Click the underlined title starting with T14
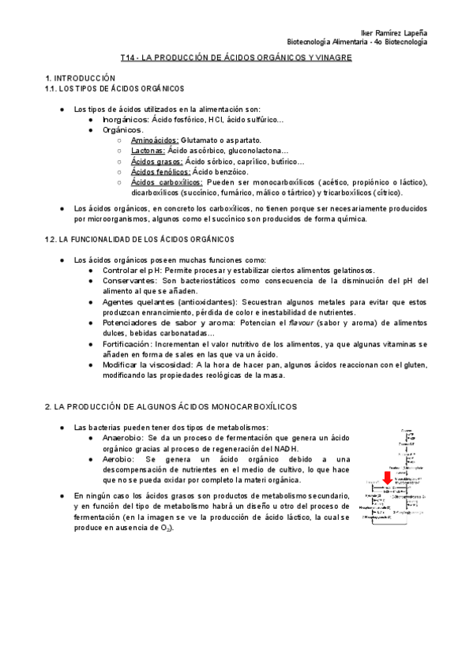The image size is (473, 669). [x=236, y=58]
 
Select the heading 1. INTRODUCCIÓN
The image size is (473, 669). [x=80, y=78]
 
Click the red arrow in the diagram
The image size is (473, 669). [x=389, y=477]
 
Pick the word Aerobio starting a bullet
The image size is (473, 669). [x=121, y=458]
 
